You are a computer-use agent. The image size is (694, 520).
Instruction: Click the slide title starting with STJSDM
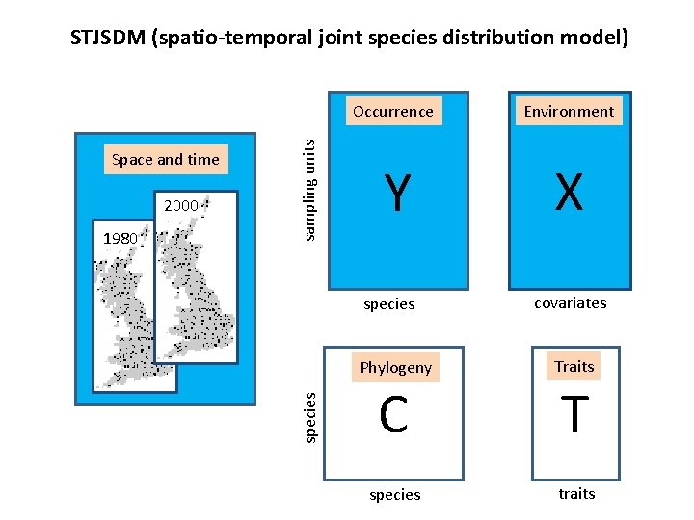click(350, 38)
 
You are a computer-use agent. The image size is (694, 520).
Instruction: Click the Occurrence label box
click(393, 111)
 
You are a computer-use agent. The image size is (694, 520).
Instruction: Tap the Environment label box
click(569, 111)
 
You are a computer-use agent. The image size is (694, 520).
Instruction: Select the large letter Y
click(394, 194)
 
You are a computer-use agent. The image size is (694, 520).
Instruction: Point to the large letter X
click(569, 194)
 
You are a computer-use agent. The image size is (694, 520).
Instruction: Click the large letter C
click(393, 415)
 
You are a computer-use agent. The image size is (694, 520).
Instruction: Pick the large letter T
click(574, 415)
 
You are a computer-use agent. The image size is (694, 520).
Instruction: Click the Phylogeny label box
click(395, 368)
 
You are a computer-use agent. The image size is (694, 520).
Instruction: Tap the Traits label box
click(574, 366)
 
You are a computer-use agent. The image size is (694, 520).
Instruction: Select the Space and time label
click(166, 159)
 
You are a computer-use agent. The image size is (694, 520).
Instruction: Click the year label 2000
click(180, 205)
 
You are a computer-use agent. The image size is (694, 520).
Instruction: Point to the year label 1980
click(121, 238)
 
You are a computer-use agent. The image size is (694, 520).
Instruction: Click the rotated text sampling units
click(309, 189)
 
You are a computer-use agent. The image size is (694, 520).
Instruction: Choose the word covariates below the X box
click(571, 302)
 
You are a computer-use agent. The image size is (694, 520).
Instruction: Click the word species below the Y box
click(389, 304)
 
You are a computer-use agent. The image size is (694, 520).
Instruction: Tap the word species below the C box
click(395, 494)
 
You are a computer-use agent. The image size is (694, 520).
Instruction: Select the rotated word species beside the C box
click(309, 416)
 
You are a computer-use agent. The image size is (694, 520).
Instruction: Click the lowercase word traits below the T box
click(576, 493)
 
